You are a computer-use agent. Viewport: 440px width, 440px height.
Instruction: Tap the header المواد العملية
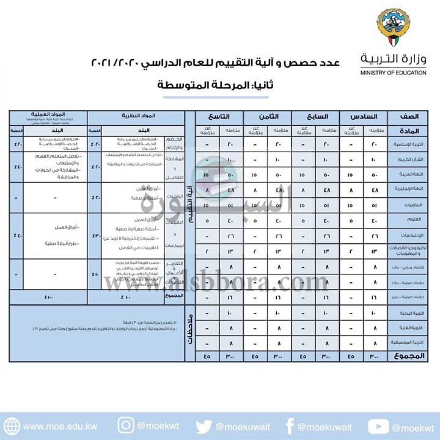pyautogui.click(x=48, y=114)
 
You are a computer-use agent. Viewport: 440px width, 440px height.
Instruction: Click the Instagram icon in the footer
pyautogui.click(x=126, y=425)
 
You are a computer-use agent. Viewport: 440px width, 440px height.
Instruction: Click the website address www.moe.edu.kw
pyautogui.click(x=58, y=426)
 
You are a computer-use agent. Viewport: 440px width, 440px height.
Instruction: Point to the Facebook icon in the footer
pyautogui.click(x=290, y=425)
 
